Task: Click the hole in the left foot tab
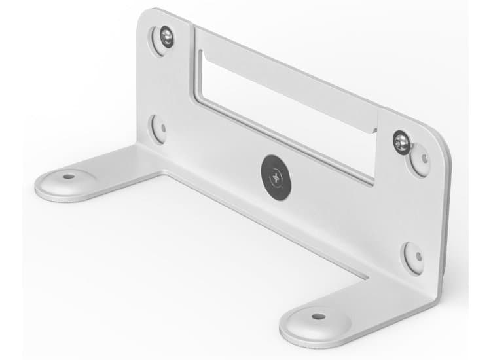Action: click(67, 176)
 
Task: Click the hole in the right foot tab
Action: click(318, 317)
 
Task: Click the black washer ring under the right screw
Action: click(405, 147)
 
